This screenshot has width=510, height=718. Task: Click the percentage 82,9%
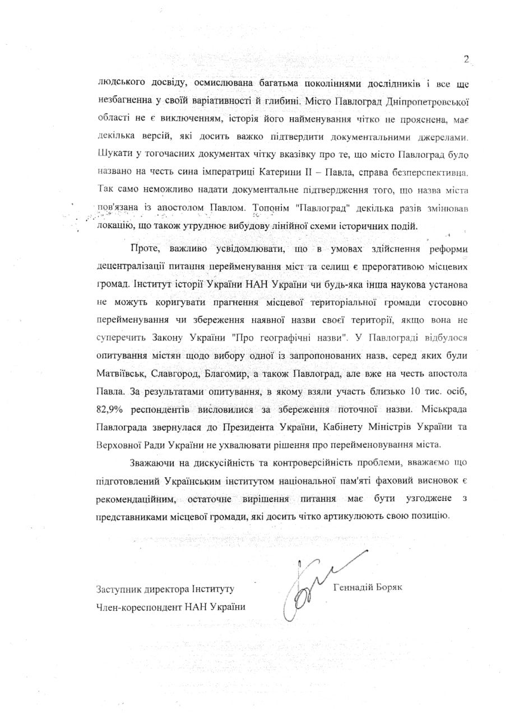click(111, 408)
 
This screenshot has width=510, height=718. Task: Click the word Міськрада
click(439, 408)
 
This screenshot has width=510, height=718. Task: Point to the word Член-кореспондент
click(137, 608)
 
